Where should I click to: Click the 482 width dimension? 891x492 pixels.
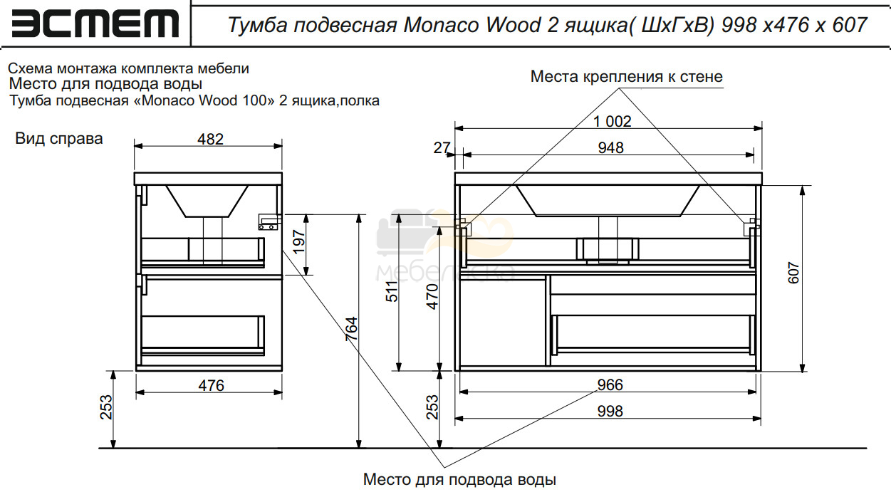210,140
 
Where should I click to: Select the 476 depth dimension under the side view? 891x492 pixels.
212,385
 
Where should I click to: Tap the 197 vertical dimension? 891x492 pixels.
298,241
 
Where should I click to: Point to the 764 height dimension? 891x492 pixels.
352,328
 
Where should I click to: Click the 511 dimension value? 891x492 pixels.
392,291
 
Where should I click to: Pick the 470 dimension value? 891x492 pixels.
432,296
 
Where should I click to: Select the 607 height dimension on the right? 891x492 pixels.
793,273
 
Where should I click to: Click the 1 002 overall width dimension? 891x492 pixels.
613,121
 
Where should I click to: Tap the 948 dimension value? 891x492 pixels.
611,148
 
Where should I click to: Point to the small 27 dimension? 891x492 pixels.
442,148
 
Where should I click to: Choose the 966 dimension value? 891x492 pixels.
610,384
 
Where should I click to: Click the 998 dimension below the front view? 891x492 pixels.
610,412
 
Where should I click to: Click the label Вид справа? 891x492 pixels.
59,138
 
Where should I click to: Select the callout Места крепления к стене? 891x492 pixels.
627,76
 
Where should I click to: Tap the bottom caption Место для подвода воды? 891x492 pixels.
459,480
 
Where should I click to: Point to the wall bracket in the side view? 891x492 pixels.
269,221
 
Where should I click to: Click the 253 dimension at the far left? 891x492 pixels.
106,407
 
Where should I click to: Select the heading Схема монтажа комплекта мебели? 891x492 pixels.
128,69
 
